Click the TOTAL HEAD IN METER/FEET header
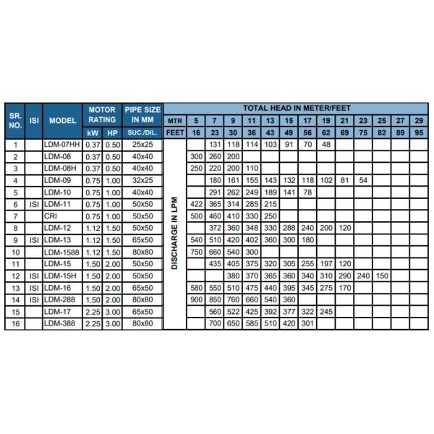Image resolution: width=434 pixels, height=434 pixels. click(297, 106)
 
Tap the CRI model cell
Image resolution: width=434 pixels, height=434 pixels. click(51, 216)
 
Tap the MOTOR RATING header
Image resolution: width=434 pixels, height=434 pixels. click(102, 114)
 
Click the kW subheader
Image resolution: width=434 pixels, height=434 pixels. click(92, 132)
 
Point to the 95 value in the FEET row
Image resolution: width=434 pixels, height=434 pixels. click(417, 132)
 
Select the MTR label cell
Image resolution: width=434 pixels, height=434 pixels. click(174, 120)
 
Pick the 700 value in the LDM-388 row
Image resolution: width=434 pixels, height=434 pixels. click(214, 323)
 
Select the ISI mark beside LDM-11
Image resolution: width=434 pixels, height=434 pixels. click(33, 204)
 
